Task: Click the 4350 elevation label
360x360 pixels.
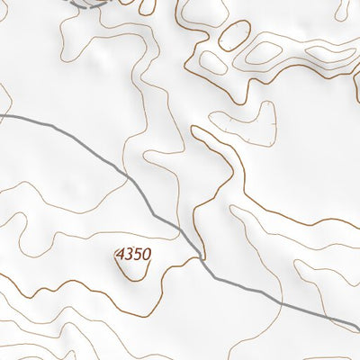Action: [x=132, y=256]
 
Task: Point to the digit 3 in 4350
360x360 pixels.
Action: [x=129, y=256]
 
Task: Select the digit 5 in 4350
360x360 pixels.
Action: [x=137, y=256]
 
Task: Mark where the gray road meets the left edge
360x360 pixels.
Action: [x=2, y=116]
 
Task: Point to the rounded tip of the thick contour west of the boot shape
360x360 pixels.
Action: [x=196, y=130]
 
